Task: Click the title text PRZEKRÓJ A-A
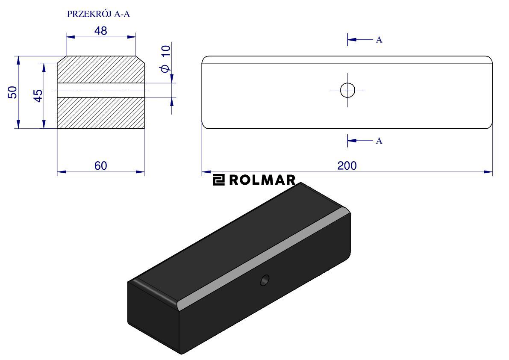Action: pos(98,14)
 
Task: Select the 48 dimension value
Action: pos(100,31)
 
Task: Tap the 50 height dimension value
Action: pos(12,92)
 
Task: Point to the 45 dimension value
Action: pos(38,96)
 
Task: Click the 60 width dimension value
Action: pos(100,166)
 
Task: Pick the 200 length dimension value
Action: pos(347,166)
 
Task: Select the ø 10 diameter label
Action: pos(165,59)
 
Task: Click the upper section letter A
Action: pos(379,40)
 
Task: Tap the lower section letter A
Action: pos(379,141)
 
